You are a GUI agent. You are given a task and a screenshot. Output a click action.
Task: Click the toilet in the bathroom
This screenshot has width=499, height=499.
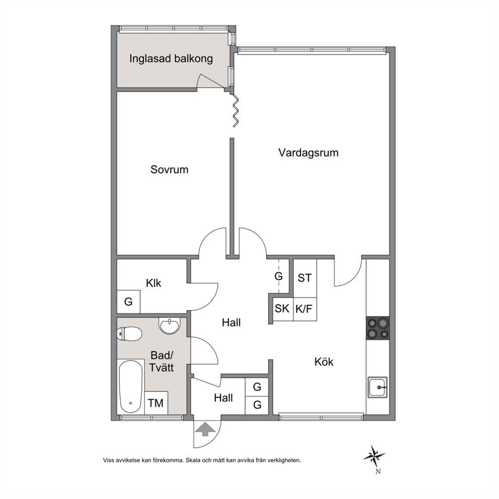pyautogui.click(x=129, y=334)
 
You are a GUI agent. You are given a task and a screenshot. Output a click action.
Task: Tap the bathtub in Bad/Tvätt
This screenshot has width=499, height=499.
pyautogui.click(x=130, y=387)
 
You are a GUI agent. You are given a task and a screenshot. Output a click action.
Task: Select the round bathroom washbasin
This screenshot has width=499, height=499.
pyautogui.click(x=170, y=325)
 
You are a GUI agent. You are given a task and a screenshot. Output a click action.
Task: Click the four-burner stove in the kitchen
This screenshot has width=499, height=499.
pyautogui.click(x=378, y=328)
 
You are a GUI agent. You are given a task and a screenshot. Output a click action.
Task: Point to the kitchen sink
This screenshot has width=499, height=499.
pyautogui.click(x=378, y=387)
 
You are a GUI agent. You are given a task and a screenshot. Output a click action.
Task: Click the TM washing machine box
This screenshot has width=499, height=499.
pyautogui.click(x=156, y=403)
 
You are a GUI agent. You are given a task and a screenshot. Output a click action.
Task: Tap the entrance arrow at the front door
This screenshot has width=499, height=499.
pyautogui.click(x=205, y=429)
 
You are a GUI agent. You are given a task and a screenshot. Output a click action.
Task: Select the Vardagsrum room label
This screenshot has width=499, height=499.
pyautogui.click(x=308, y=153)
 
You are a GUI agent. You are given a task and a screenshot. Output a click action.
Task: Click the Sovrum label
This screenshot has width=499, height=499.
pyautogui.click(x=170, y=170)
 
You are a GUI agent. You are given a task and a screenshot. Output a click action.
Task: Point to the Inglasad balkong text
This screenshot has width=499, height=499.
pyautogui.click(x=171, y=59)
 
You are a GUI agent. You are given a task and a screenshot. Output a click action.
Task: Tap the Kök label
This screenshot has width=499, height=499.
pyautogui.click(x=323, y=362)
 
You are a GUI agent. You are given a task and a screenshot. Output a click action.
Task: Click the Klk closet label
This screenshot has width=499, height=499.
pyautogui.click(x=153, y=283)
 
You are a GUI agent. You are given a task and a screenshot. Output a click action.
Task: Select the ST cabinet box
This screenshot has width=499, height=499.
pyautogui.click(x=305, y=278)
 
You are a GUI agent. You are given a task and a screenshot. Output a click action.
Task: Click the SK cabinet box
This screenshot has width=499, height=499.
pyautogui.click(x=282, y=309)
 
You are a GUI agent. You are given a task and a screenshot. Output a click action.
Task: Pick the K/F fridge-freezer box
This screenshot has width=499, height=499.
pyautogui.click(x=304, y=309)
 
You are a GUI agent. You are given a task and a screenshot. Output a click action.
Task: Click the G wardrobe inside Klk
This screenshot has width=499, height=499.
pyautogui.click(x=129, y=301)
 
